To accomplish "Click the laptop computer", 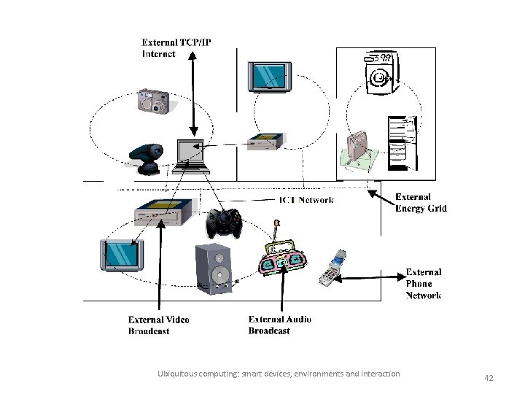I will click(192, 155).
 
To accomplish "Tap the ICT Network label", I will click(307, 200).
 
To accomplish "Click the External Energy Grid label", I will click(421, 203).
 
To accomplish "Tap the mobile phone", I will click(333, 269).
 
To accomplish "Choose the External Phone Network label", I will click(423, 284).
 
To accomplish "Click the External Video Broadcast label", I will click(159, 325).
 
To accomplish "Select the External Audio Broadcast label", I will click(280, 325).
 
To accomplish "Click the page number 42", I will click(489, 378).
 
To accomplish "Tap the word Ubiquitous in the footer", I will click(178, 374).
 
